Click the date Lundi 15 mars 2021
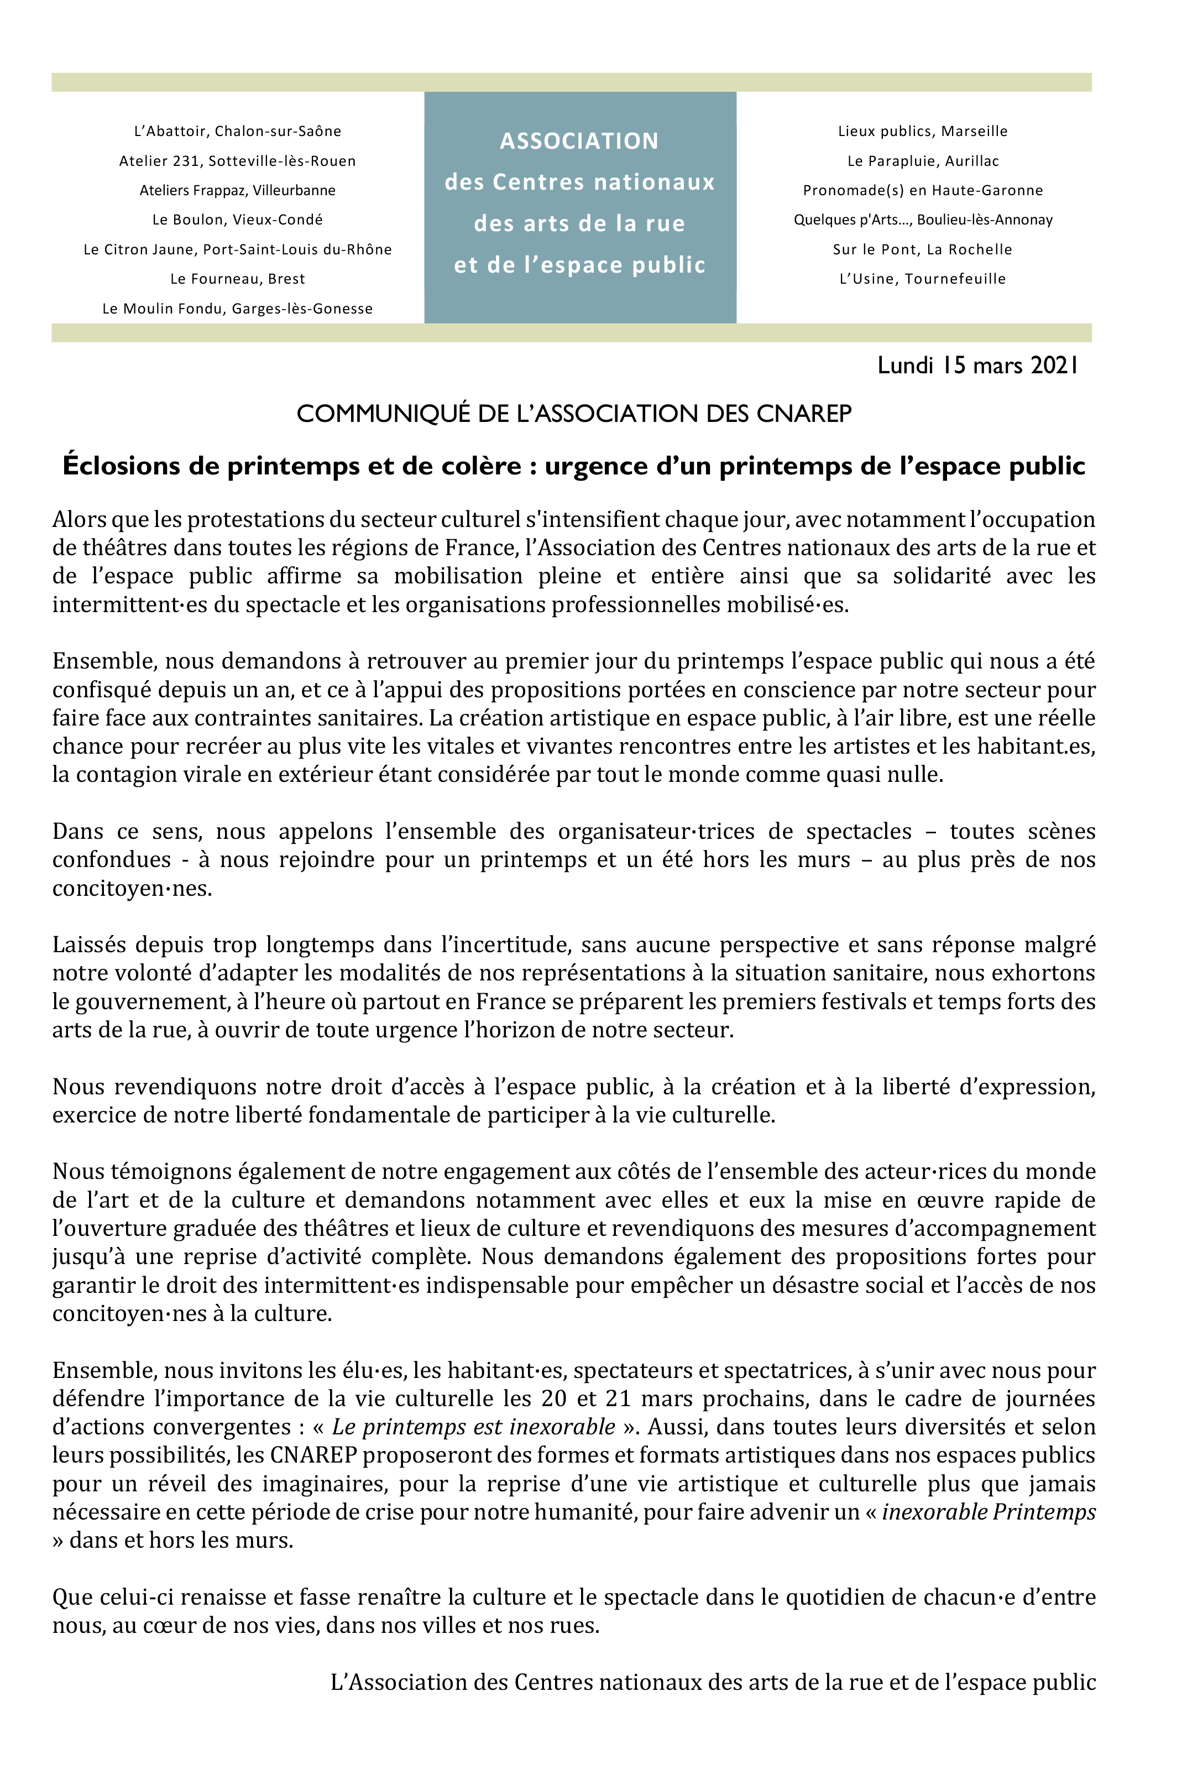coord(977,366)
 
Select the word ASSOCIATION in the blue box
coord(579,141)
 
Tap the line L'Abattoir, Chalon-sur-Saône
coord(238,131)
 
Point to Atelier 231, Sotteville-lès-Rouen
coord(238,160)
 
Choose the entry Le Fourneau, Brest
coord(238,279)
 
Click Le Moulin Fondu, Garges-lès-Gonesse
coord(238,309)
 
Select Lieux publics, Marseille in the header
coord(923,131)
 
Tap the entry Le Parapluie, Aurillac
coord(923,160)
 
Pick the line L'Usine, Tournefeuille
coord(923,279)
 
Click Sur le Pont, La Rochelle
coord(923,249)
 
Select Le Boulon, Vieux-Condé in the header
coord(238,220)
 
